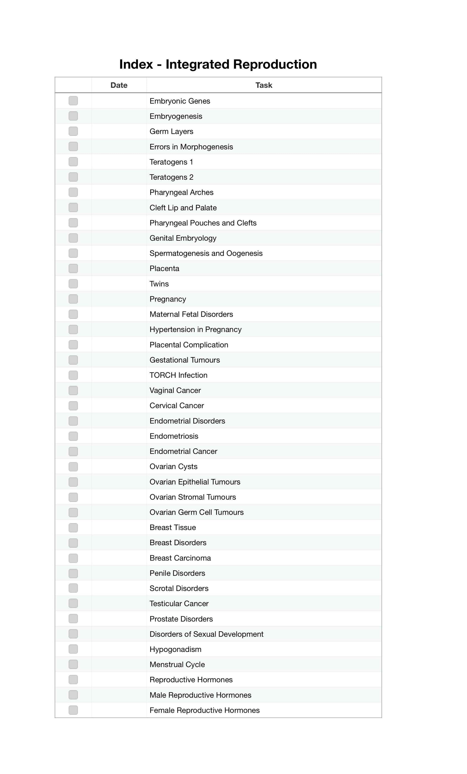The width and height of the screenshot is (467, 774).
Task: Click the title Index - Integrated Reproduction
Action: coord(218,64)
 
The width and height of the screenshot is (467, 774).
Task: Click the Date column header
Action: coord(119,85)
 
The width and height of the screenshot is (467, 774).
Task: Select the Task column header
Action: coord(264,85)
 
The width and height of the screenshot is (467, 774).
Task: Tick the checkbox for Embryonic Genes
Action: coord(73,101)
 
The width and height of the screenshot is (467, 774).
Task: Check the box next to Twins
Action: coord(73,284)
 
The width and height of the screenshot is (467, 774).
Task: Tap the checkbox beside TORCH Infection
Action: coord(73,375)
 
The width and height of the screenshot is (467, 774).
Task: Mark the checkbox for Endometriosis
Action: coord(73,436)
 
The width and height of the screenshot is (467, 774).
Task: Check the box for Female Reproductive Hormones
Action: coord(73,710)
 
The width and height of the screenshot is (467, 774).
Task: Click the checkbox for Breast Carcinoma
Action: coord(73,558)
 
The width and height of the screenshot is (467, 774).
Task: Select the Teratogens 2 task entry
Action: coord(171,177)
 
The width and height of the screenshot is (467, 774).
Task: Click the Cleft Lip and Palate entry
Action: coord(183,208)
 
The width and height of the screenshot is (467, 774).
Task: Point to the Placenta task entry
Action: coord(164,269)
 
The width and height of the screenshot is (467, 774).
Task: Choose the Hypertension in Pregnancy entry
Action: coord(196,330)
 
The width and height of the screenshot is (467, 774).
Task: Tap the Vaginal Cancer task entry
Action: coord(175,390)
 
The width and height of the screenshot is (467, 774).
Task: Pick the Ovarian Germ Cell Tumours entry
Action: coord(196,512)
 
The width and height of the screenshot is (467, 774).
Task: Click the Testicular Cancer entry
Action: coord(179,604)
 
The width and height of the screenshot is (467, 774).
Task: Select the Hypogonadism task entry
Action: coord(175,649)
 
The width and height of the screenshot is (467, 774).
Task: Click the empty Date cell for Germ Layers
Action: coord(119,131)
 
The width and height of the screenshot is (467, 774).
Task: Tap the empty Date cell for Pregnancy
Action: coord(119,299)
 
